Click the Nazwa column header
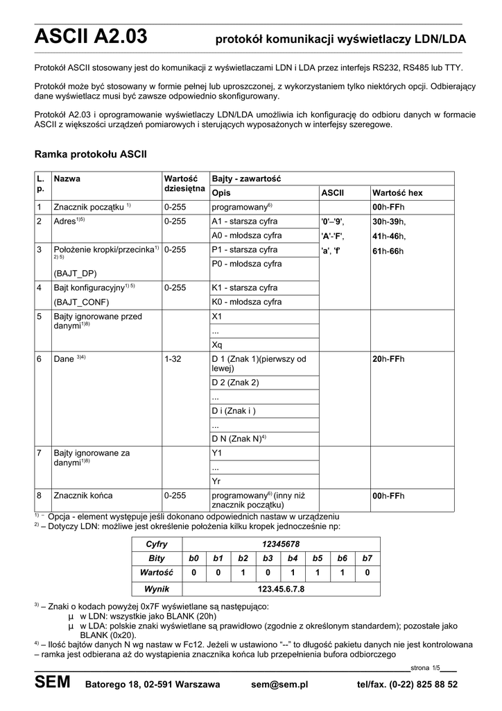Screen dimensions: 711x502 [67, 179]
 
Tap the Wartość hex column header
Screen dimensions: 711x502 [397, 192]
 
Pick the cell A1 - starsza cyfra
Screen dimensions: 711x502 [244, 221]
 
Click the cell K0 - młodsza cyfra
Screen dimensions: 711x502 [246, 302]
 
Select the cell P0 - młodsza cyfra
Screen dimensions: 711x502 [246, 264]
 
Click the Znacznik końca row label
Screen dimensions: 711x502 [83, 496]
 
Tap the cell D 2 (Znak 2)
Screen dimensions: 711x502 [235, 383]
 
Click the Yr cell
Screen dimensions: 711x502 [216, 480]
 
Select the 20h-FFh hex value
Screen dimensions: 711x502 [388, 359]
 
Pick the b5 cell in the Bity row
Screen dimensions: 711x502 [318, 558]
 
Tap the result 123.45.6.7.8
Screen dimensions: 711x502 [281, 589]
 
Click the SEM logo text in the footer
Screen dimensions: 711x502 [52, 683]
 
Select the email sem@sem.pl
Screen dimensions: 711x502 [279, 685]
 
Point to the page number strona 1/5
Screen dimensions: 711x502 [426, 668]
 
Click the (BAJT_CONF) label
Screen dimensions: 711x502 [81, 302]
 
